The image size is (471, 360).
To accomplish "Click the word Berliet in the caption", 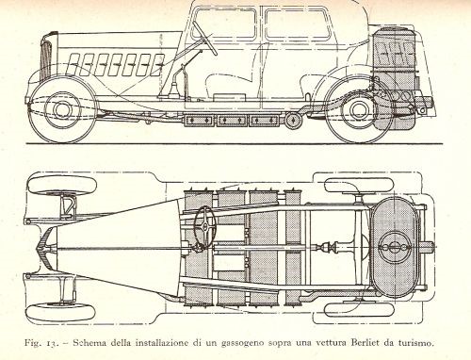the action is coord(365,342).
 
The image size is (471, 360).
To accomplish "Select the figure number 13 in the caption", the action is coord(51,343).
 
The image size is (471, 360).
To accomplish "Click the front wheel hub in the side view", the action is coord(61,109).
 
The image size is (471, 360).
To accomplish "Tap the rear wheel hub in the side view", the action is coord(357,110).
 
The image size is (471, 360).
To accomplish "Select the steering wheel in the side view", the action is coord(204,38).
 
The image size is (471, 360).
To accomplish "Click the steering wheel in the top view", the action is coord(204,227).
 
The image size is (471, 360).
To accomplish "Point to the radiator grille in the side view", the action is coord(46,59).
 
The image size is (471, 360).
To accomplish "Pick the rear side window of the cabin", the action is coord(298,25).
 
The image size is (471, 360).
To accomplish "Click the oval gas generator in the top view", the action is coord(395,248).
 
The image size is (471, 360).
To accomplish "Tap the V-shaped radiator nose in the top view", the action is coord(44,248).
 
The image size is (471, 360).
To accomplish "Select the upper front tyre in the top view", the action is coord(62,185).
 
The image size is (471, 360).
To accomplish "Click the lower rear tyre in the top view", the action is coord(359,310).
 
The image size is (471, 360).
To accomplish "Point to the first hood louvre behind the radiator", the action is coord(73,65).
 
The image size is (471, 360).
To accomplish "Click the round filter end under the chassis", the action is coord(293,121).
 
